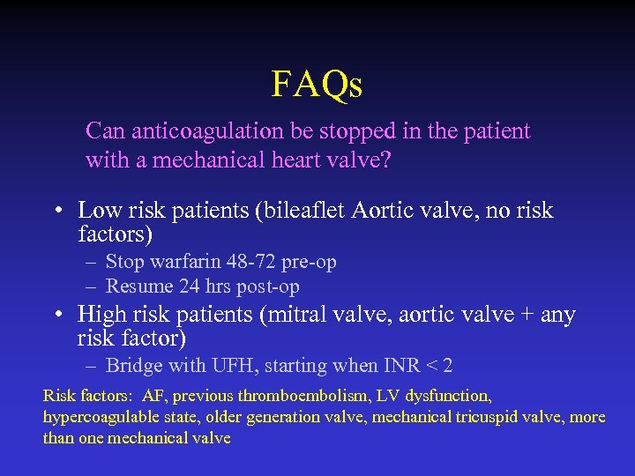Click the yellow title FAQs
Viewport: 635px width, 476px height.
(x=317, y=85)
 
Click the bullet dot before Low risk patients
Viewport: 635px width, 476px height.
(x=56, y=212)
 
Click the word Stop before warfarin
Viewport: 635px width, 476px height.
(x=123, y=262)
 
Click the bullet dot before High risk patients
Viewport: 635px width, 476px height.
(x=56, y=316)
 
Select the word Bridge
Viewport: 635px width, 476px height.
(x=132, y=366)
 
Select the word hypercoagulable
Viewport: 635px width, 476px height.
(x=99, y=417)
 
